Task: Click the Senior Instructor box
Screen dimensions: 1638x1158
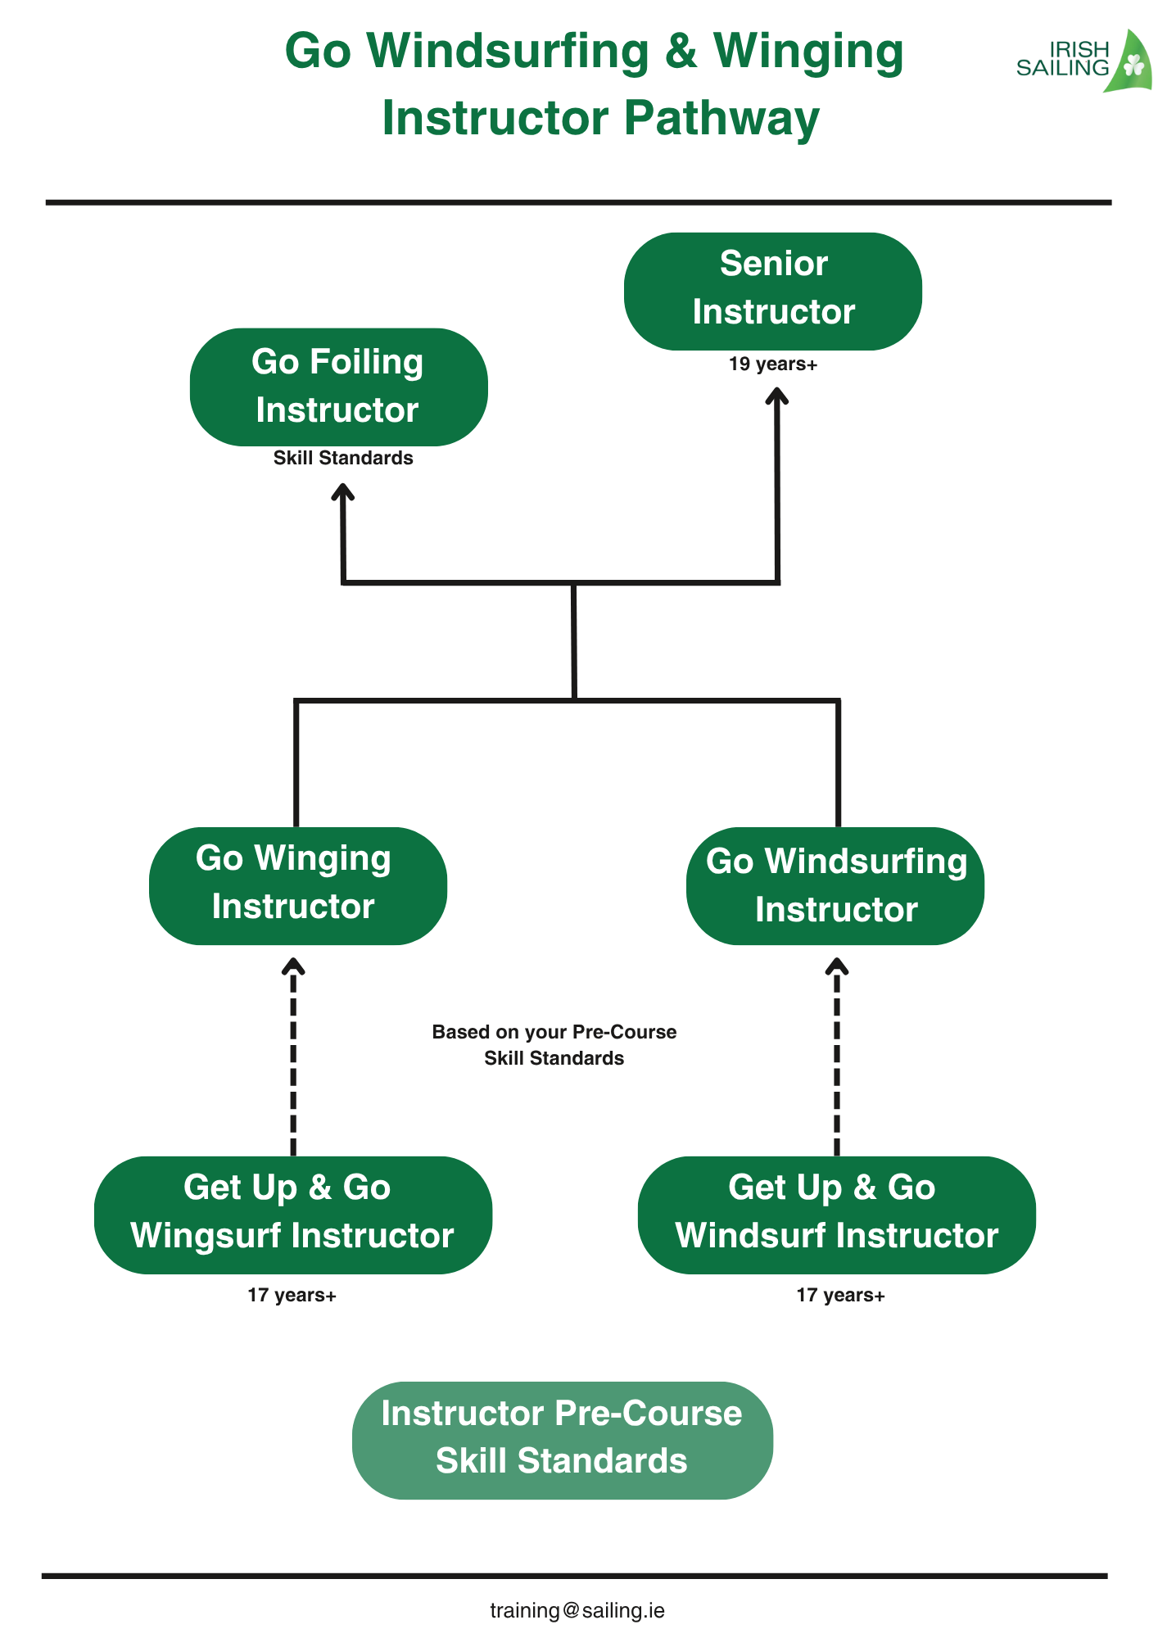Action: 772,291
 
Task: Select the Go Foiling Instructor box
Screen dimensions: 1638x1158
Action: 338,387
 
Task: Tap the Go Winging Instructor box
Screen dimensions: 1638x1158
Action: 297,885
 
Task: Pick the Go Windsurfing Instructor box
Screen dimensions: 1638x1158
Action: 835,886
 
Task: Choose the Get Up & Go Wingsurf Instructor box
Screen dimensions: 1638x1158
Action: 292,1215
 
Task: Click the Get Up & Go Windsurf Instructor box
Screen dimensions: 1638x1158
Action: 836,1215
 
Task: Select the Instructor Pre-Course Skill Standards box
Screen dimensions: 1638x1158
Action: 562,1440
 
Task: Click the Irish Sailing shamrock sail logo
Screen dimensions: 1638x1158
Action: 1129,63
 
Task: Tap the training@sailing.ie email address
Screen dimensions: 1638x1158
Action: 577,1610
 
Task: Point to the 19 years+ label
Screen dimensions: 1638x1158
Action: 773,364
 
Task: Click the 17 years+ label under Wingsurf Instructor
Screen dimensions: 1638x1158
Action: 292,1295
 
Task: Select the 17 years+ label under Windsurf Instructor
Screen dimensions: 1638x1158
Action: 840,1295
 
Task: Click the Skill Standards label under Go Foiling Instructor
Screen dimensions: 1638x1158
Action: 343,458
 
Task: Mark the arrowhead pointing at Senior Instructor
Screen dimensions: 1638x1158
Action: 776,396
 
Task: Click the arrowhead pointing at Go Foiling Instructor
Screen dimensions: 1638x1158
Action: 342,492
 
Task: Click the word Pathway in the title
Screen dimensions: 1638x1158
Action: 721,118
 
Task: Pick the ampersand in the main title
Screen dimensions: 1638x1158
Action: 681,51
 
